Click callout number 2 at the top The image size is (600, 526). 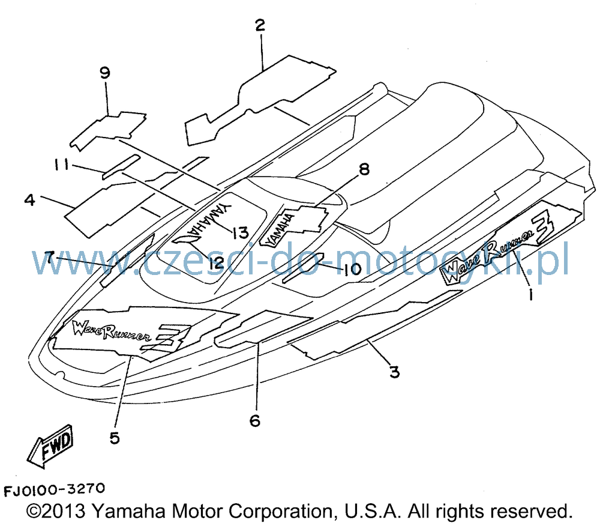260,25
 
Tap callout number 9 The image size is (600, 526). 104,72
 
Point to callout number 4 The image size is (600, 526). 30,199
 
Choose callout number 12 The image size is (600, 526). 215,263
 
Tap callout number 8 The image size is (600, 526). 364,169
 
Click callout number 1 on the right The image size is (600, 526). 530,294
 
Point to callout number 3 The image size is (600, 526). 394,371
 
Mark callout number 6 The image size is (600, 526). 255,421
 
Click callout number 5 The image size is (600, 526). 115,438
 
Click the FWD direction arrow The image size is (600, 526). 51,446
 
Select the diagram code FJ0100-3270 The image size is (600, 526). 54,489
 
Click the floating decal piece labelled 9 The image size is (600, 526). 108,130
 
